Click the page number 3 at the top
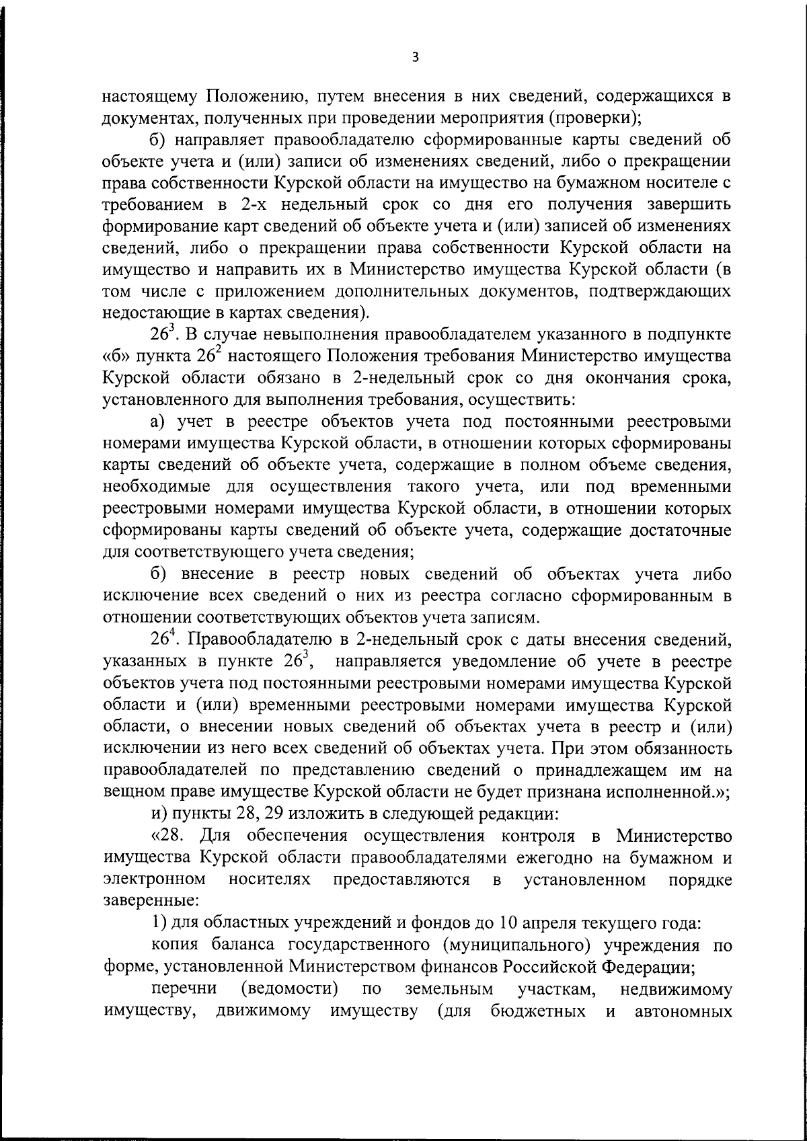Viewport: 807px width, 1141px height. (x=415, y=57)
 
